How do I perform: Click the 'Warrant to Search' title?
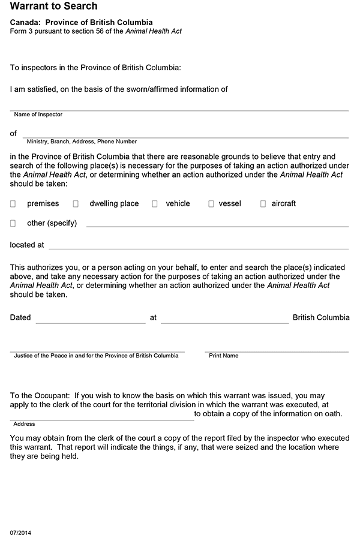[x=53, y=7]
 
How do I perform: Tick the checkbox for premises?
[x=13, y=204]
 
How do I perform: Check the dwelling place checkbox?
[x=76, y=204]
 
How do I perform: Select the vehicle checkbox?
[x=154, y=204]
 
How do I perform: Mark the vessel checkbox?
[x=211, y=204]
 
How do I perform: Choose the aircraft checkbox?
[x=263, y=204]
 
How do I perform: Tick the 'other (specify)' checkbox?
[x=13, y=223]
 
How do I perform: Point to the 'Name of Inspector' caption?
[x=38, y=114]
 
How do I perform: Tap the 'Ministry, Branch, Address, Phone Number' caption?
[x=82, y=142]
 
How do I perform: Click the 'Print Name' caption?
[x=223, y=356]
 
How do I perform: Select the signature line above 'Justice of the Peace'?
[x=98, y=350]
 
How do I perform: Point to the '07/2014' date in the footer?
[x=19, y=532]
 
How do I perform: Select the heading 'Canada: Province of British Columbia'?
[x=81, y=22]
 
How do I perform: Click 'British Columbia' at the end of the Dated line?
[x=321, y=317]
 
